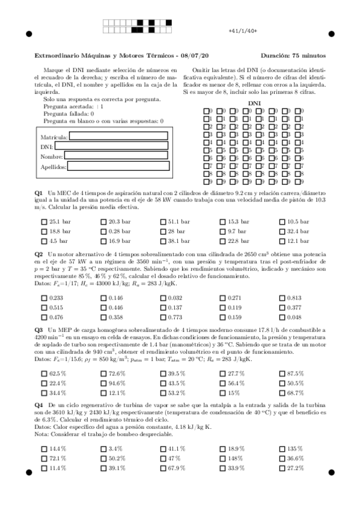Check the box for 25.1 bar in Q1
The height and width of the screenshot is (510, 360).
point(44,222)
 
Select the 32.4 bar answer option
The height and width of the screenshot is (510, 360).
point(282,232)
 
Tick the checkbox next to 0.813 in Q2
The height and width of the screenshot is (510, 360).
point(282,298)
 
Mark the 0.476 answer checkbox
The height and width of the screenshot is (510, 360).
point(44,317)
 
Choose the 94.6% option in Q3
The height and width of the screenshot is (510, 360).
point(103,383)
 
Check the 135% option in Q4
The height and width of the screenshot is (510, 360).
point(282,449)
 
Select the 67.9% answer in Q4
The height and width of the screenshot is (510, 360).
point(163,469)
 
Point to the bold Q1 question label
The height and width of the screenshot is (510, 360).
point(38,191)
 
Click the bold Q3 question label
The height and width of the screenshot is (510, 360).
point(38,330)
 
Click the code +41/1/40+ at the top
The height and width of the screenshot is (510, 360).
point(243,30)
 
